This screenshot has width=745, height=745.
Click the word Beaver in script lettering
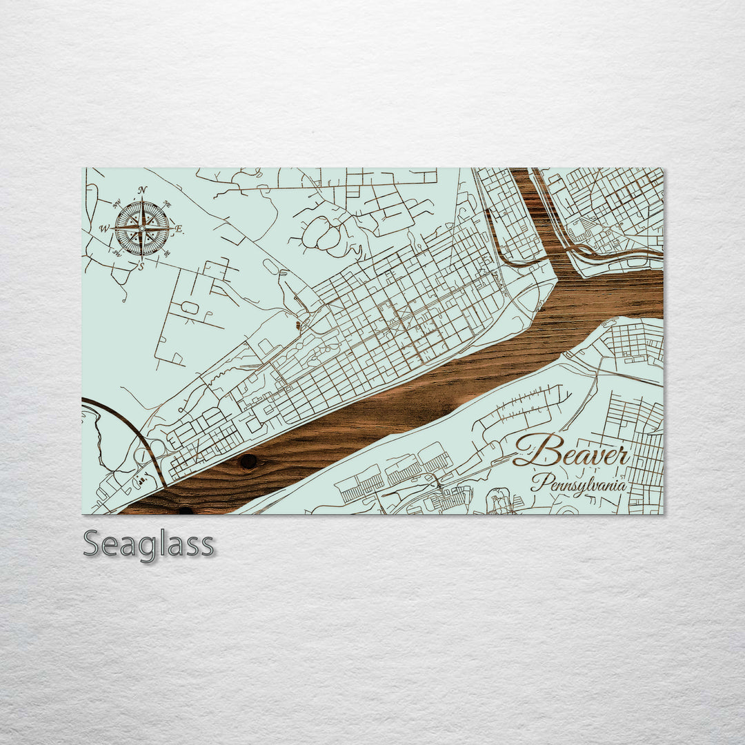pos(571,453)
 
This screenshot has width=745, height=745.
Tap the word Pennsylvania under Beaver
pos(578,483)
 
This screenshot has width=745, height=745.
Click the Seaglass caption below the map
pos(148,544)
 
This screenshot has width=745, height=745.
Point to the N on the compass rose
pos(142,190)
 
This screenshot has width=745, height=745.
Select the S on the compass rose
pos(141,266)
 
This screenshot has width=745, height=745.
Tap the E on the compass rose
pos(178,228)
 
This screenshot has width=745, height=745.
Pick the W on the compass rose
pos(104,228)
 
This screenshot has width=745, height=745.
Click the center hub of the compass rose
pos(142,228)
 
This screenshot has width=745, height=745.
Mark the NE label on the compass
pos(166,205)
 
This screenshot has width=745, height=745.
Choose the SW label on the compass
pos(117,252)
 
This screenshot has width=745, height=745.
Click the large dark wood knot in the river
pos(248,461)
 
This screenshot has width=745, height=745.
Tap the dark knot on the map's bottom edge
pos(185,511)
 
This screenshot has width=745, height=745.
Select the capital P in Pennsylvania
pos(538,481)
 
